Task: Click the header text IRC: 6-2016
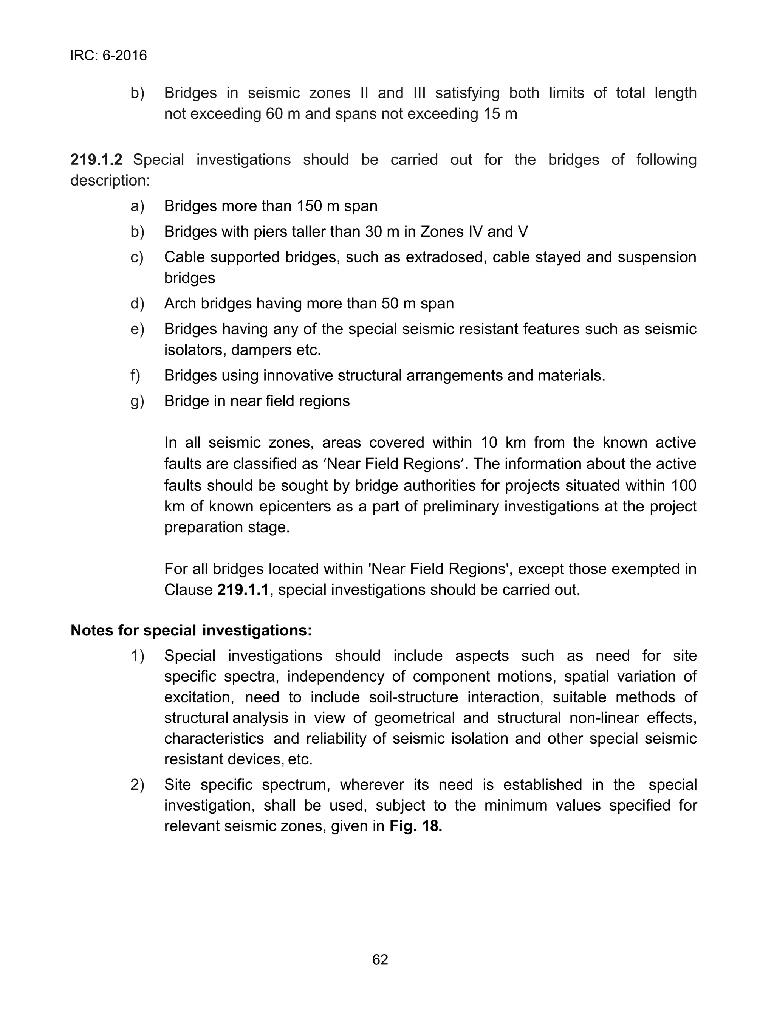(x=108, y=56)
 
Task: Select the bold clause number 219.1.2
(x=96, y=160)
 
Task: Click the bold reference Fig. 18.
(x=416, y=826)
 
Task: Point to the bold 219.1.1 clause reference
(x=242, y=590)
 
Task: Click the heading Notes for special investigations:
(x=191, y=630)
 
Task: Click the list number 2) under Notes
(x=137, y=784)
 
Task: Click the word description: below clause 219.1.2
(x=110, y=181)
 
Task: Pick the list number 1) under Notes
(x=137, y=656)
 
